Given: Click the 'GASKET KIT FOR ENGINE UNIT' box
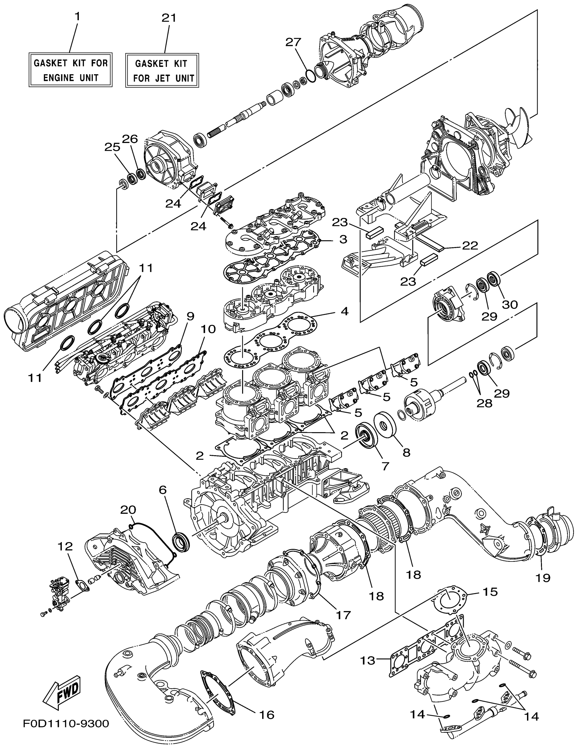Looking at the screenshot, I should coord(70,70).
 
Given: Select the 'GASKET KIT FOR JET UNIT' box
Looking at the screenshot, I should coord(162,70).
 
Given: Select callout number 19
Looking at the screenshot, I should coord(543,578).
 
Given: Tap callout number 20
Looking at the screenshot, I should coord(128,510).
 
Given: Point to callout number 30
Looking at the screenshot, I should coord(509,304).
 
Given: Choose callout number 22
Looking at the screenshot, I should coord(470,245).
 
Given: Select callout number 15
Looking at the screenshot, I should coord(490,591).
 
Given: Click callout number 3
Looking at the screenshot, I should coord(343,239).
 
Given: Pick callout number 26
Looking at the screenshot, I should coord(130,139).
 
